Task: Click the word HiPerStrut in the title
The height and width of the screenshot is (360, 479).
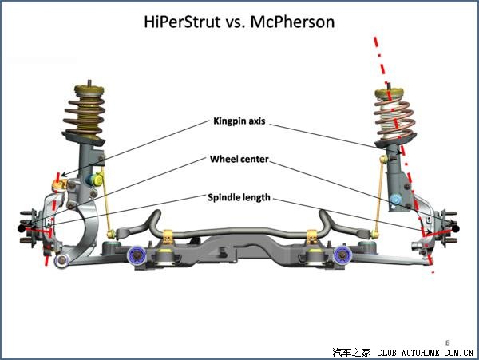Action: point(181,21)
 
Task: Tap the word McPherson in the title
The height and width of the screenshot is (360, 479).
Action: point(293,21)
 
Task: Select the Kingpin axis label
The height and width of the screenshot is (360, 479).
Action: point(239,122)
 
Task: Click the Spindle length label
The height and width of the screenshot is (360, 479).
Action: point(239,196)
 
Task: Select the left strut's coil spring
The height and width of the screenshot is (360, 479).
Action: point(85,111)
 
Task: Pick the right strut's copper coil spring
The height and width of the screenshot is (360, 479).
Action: point(394,112)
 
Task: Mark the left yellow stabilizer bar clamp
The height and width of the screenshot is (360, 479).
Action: point(168,237)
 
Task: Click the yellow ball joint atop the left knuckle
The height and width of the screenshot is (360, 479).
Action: point(57,185)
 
